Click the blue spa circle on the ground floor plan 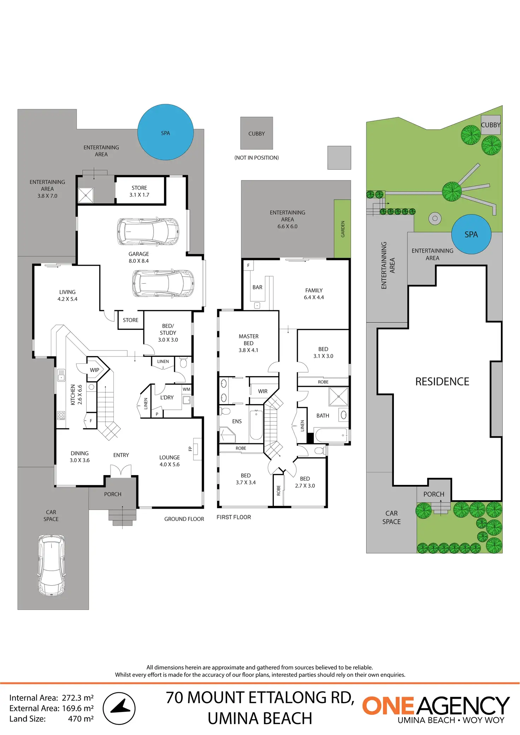coord(165,132)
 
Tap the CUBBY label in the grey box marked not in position coord(256,134)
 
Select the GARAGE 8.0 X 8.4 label coord(138,257)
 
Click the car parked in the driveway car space coord(52,565)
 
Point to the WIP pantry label coord(94,370)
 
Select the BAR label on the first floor coord(257,287)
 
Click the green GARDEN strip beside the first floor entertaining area coord(342,229)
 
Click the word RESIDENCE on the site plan coord(442,381)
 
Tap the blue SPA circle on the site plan coord(471,234)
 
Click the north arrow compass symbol coord(119,708)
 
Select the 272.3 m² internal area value coord(78,698)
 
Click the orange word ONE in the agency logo coord(388,706)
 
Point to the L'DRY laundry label coord(167,397)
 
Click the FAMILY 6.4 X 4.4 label coord(314,294)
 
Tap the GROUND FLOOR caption coord(184,519)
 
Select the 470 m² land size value coord(81,718)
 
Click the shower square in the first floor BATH coord(338,396)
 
